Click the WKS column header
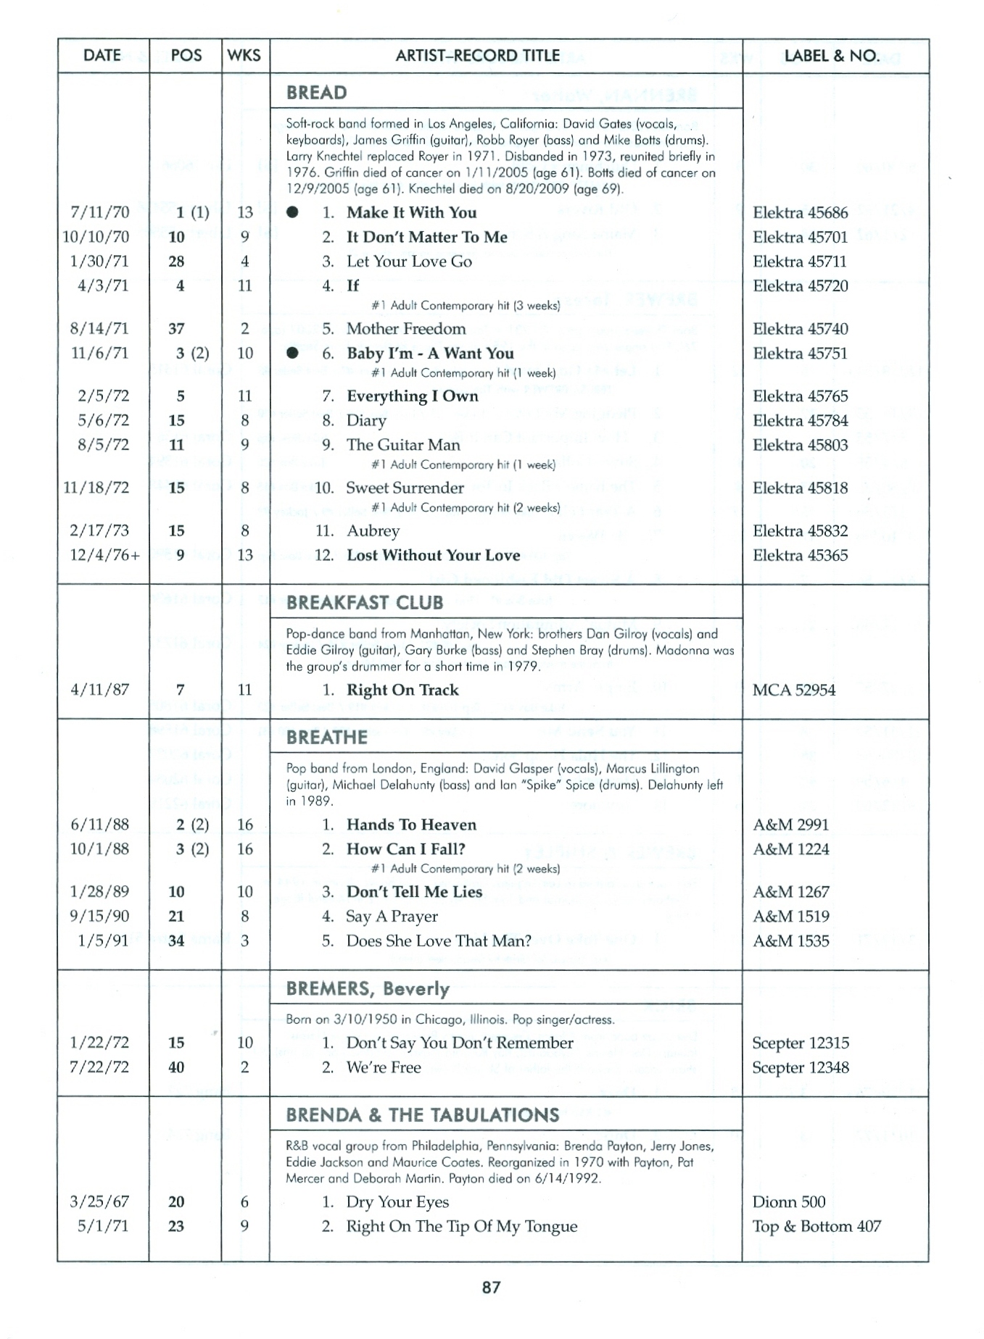pos(244,56)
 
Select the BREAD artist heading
pos(316,93)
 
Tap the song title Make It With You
pos(411,213)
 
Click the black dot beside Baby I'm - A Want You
pos(292,354)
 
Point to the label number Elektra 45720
pos(800,286)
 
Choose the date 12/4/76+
pos(104,556)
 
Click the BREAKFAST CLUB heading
pos(364,603)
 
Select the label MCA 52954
pos(793,691)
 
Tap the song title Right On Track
pos(402,691)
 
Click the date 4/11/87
pos(100,691)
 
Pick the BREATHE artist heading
pos(326,738)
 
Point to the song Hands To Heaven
pos(411,825)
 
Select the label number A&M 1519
pos(790,917)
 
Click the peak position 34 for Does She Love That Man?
pos(176,941)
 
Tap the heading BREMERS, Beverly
pos(368,989)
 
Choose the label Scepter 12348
pos(801,1068)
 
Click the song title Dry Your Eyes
pos(397,1203)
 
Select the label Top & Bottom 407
pos(816,1227)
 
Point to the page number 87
pos(491,1288)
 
